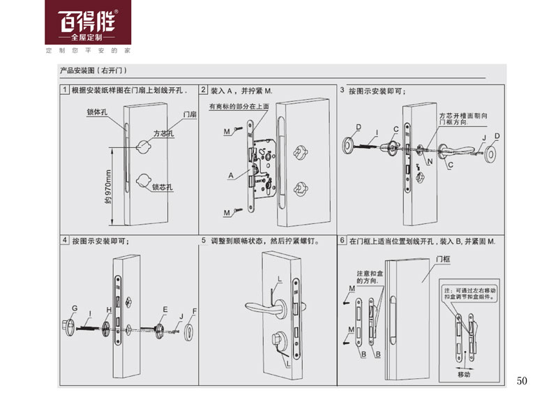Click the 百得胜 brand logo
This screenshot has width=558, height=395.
[88, 21]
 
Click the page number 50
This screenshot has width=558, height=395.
[524, 380]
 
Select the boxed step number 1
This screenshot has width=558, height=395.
[65, 91]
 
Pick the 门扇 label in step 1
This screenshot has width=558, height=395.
[189, 114]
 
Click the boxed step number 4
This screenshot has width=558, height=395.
[65, 241]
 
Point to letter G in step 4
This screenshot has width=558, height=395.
[73, 308]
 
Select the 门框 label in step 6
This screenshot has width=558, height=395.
[442, 258]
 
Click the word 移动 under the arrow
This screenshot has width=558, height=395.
[465, 374]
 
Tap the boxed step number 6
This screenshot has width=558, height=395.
[342, 241]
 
